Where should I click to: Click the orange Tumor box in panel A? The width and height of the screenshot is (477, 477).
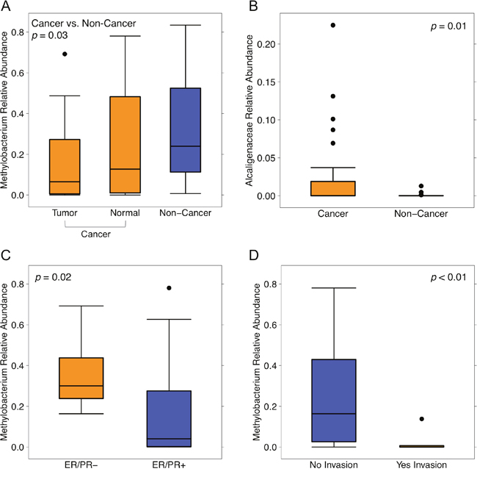pos(65,167)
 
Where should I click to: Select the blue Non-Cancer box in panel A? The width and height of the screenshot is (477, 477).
pos(186,130)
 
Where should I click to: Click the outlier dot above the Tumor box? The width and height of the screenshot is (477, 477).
pos(65,54)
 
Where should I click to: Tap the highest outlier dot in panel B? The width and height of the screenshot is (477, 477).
pos(333,25)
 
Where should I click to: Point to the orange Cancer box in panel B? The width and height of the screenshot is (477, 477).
pos(333,189)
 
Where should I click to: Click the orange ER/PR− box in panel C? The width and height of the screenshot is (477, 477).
pos(81,378)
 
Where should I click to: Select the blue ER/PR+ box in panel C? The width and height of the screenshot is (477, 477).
pos(169,419)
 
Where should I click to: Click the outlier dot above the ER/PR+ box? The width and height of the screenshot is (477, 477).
pos(169,288)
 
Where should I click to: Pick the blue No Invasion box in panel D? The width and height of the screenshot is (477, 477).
pos(334,401)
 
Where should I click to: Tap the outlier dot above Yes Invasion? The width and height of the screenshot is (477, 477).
pos(422,419)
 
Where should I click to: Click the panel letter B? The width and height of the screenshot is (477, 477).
pos(253,6)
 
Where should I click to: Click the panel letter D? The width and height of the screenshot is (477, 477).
pos(254,255)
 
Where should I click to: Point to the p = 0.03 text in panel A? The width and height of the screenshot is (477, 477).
pos(50,35)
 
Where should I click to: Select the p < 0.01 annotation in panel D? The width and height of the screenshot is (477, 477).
pos(448,277)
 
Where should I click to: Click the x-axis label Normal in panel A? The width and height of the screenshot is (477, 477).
pos(125,213)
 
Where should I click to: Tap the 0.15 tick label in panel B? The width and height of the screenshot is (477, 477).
pos(266,82)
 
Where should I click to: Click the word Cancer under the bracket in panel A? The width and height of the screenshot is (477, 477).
pos(95,234)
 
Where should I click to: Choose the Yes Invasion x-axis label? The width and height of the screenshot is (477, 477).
pos(421,465)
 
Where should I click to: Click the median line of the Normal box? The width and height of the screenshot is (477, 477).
pos(125,169)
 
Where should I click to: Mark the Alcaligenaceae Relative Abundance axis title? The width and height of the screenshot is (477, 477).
pos(250,110)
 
